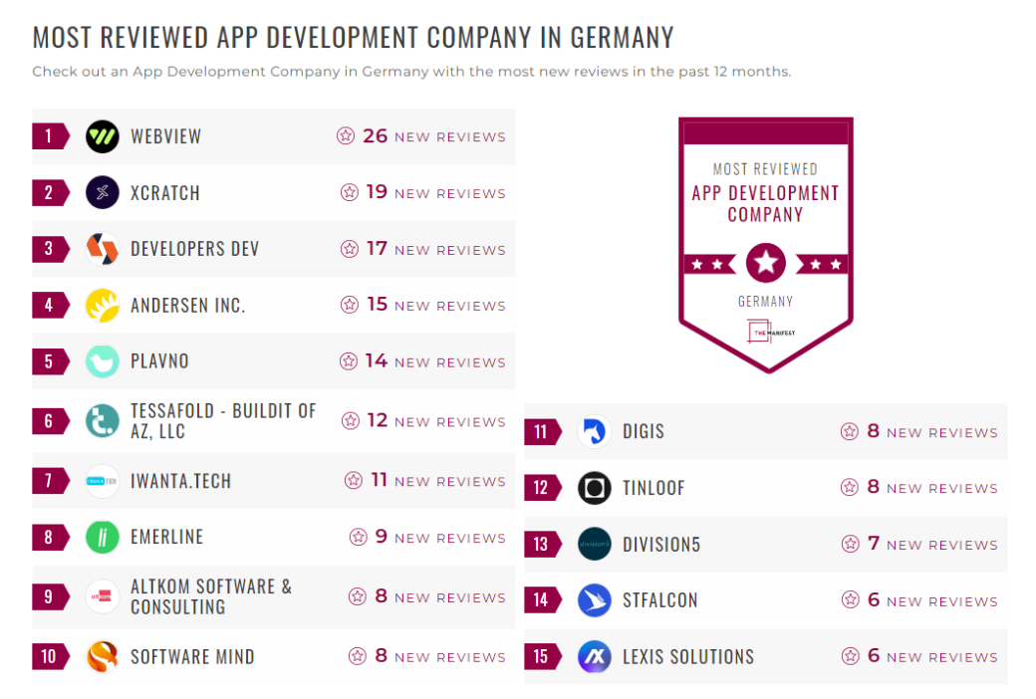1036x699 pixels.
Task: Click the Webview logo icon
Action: click(x=102, y=136)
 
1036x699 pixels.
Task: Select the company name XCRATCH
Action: click(x=165, y=193)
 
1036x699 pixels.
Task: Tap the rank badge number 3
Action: click(x=49, y=249)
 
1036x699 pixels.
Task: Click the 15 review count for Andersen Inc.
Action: click(x=377, y=305)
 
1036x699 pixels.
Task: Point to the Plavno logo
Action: click(x=102, y=360)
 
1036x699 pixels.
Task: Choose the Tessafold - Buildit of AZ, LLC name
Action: click(x=223, y=421)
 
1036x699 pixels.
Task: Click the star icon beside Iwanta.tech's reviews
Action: click(x=354, y=481)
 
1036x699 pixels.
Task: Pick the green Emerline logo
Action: click(x=102, y=537)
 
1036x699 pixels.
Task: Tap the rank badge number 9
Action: click(x=49, y=596)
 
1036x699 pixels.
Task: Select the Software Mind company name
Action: click(x=192, y=656)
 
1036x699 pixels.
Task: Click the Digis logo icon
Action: click(x=594, y=431)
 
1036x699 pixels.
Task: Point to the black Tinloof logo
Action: click(x=594, y=488)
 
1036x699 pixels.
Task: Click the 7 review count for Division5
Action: click(x=874, y=544)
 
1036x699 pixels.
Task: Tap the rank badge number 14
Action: click(x=541, y=599)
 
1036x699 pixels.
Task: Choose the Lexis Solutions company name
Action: click(x=688, y=656)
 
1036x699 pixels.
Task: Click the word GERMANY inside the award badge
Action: click(x=765, y=301)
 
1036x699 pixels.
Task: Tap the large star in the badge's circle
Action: click(x=765, y=264)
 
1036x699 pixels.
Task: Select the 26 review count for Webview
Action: click(x=376, y=135)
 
